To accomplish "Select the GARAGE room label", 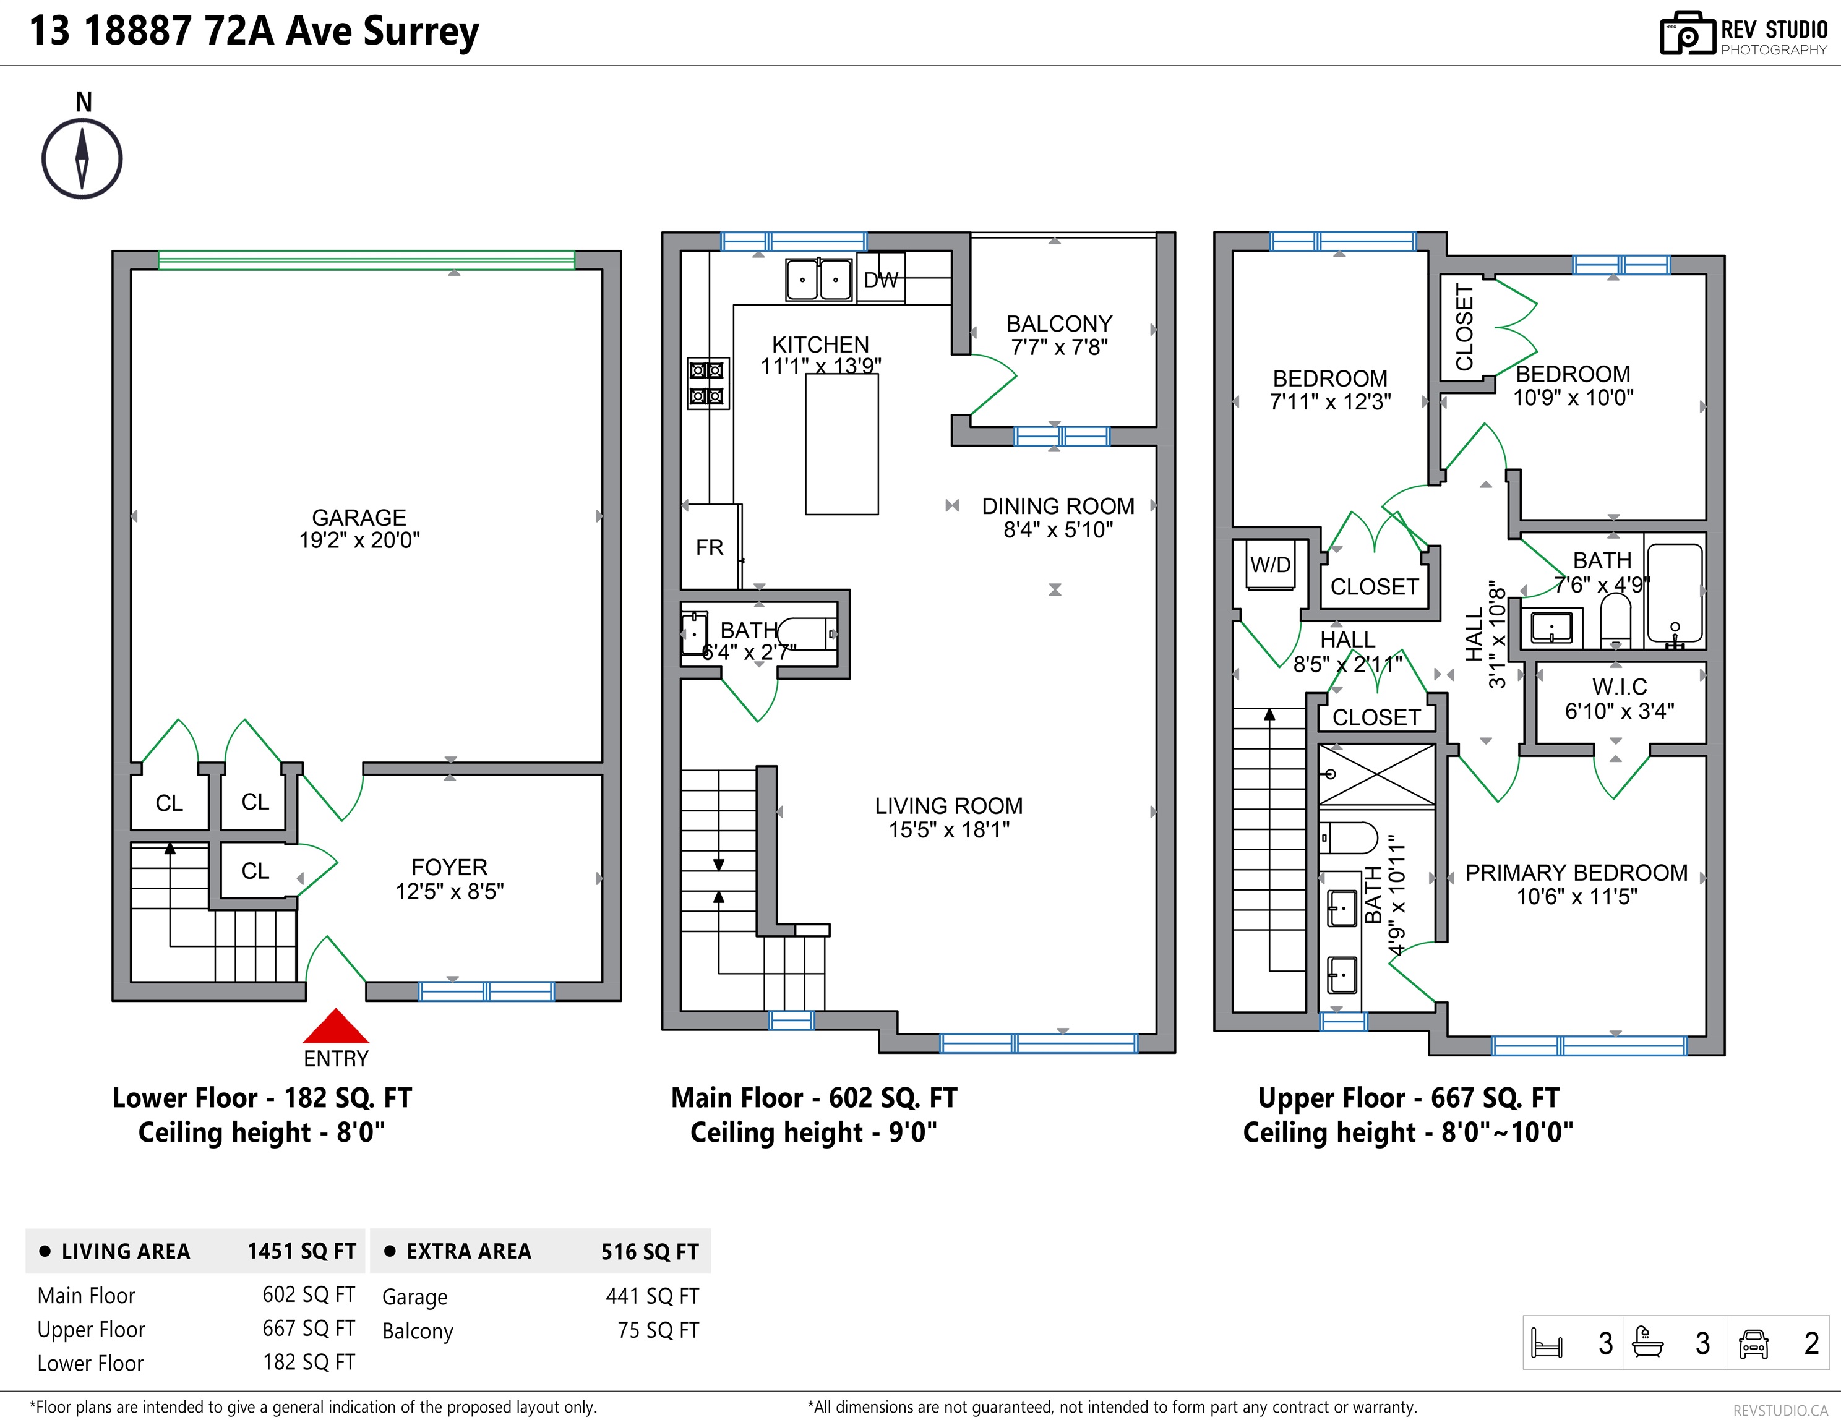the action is pyautogui.click(x=359, y=518).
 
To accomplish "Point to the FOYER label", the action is pyautogui.click(x=449, y=867).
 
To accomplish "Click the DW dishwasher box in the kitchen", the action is pyautogui.click(x=881, y=278).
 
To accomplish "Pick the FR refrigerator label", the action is pyautogui.click(x=710, y=548).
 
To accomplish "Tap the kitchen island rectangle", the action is pyautogui.click(x=842, y=444).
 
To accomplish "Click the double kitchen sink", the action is pyautogui.click(x=818, y=279).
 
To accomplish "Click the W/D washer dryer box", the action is pyautogui.click(x=1270, y=565).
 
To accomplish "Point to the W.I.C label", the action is pyautogui.click(x=1620, y=687).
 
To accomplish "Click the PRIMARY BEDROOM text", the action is pyautogui.click(x=1576, y=873).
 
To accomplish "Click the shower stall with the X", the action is pyautogui.click(x=1376, y=776).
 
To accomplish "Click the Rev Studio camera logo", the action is pyautogui.click(x=1688, y=34).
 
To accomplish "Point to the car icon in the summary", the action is pyautogui.click(x=1753, y=1344).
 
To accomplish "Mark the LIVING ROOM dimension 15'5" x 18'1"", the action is pyautogui.click(x=949, y=830).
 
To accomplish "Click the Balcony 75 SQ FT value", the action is pyautogui.click(x=658, y=1330).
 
